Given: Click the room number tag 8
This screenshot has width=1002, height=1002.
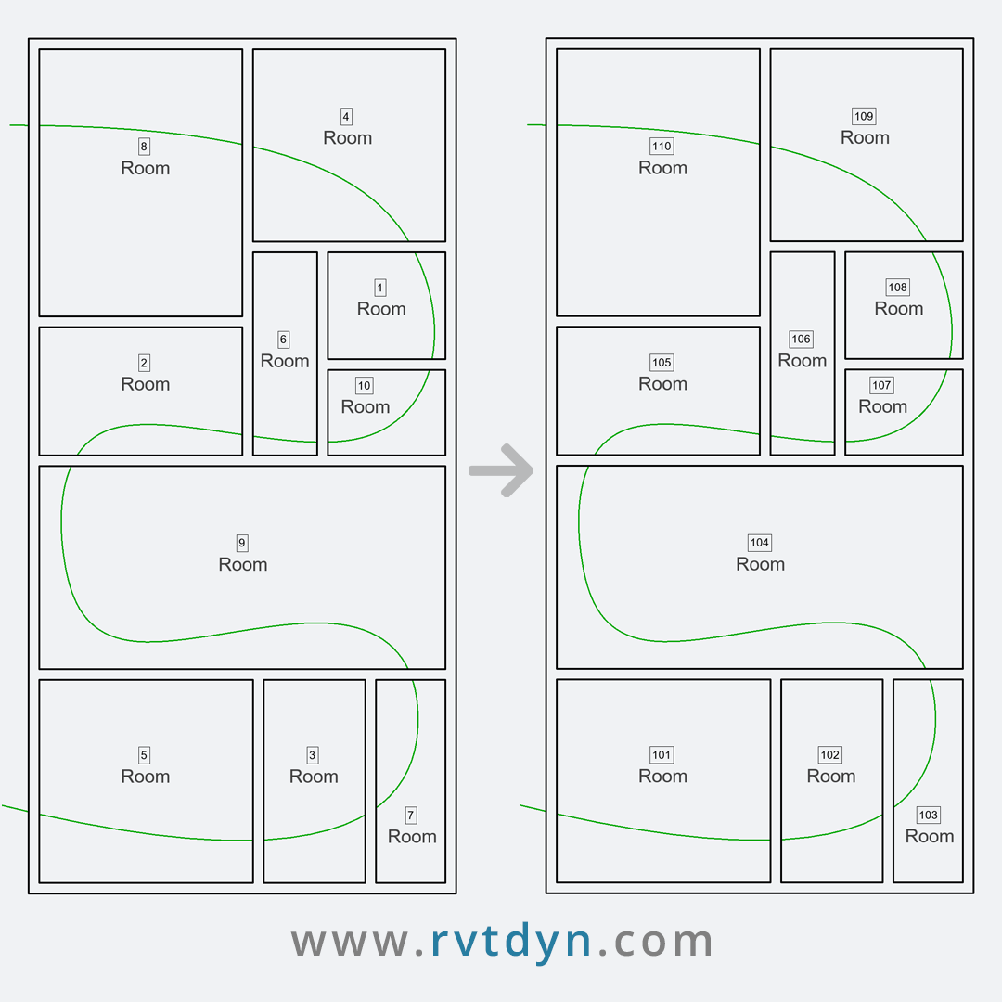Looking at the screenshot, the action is [x=144, y=147].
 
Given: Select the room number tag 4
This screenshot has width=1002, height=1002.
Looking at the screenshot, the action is [x=346, y=116].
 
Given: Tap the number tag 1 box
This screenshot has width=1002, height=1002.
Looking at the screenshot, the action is [x=380, y=288].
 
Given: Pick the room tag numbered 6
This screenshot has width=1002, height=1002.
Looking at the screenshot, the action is [x=284, y=340].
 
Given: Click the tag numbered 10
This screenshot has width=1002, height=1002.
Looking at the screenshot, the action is [x=365, y=385].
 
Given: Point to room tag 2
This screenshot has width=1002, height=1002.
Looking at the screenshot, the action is [x=144, y=363].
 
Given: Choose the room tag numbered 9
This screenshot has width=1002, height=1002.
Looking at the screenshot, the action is [x=242, y=543].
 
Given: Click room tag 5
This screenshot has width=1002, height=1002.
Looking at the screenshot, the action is [x=144, y=754].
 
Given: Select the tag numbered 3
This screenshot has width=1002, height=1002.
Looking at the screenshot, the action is [x=313, y=754].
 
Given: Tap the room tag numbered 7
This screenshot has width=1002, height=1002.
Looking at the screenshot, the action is [x=411, y=815].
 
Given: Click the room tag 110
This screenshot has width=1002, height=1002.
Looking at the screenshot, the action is [x=662, y=147].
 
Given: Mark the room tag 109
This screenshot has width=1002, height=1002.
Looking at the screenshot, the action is [x=864, y=116].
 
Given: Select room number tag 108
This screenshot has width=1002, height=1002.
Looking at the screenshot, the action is [x=898, y=288].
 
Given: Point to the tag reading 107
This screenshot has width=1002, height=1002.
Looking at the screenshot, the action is [x=882, y=385].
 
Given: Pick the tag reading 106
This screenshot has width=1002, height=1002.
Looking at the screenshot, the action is [x=802, y=340].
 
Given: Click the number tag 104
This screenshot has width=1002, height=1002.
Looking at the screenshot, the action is [x=760, y=543].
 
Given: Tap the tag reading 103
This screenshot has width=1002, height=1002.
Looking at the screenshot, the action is [x=929, y=815].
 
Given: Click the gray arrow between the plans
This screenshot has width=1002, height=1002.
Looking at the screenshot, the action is [x=501, y=470].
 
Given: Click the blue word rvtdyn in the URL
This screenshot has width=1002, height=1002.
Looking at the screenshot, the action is [x=511, y=942].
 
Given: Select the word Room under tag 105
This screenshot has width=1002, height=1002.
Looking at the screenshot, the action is [x=662, y=384].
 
